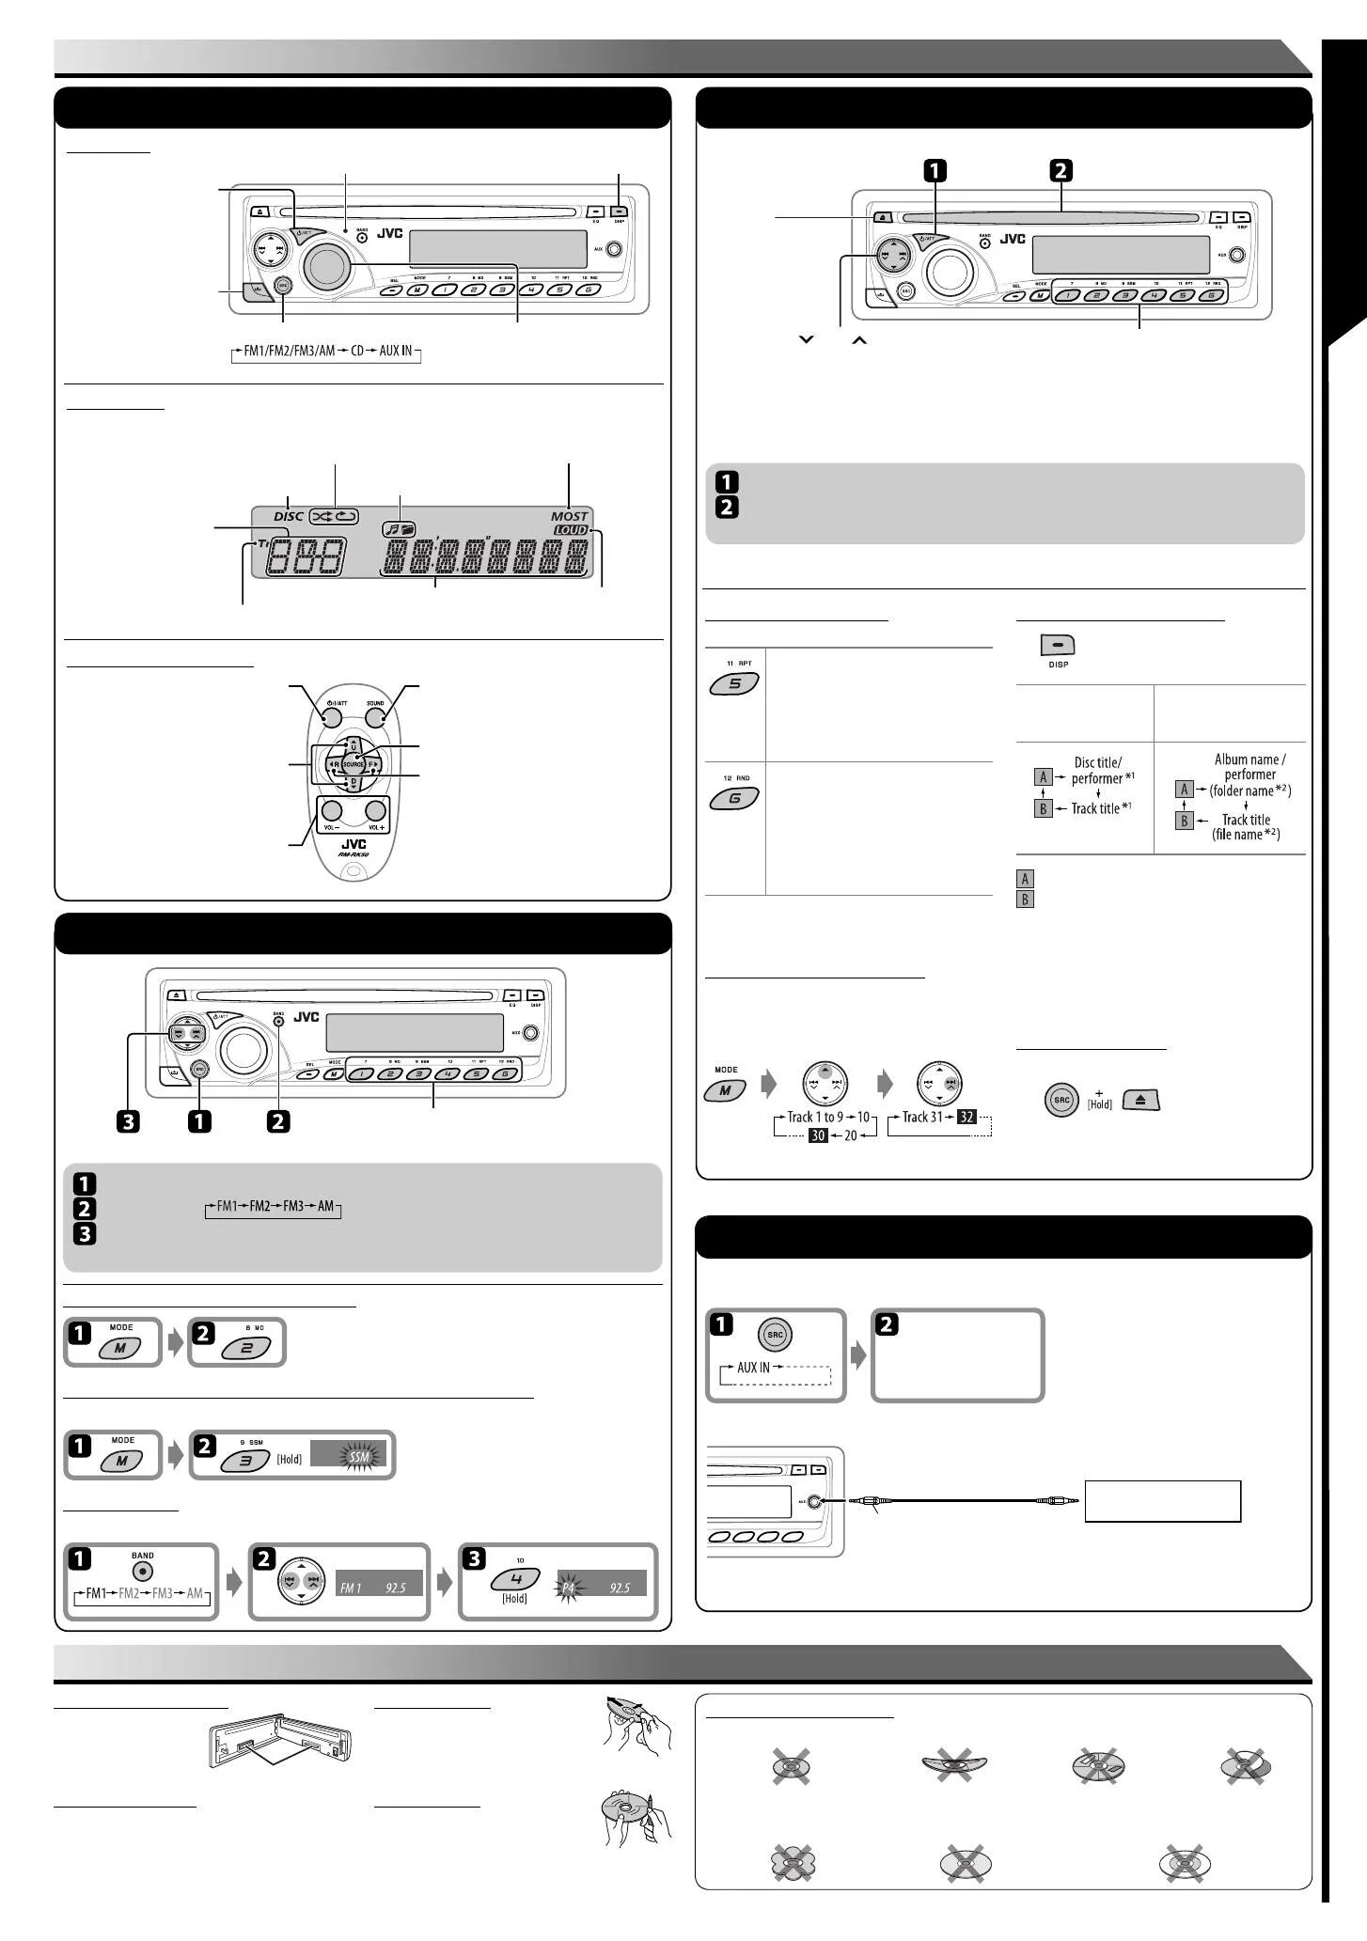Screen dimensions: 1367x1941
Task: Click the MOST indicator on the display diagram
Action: coord(569,516)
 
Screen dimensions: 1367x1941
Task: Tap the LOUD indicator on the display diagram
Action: coord(570,530)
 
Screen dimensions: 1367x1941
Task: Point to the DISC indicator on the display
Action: coord(289,516)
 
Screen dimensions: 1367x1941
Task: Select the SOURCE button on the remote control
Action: coord(354,765)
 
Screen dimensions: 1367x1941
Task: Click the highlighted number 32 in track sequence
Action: coord(966,1118)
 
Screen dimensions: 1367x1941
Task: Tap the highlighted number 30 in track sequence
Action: coord(818,1135)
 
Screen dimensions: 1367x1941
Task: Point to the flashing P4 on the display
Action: coord(568,1588)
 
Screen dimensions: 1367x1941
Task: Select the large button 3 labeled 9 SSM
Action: coord(245,1460)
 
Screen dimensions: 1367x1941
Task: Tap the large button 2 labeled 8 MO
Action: coord(245,1348)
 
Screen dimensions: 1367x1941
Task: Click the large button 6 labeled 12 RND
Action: coord(735,798)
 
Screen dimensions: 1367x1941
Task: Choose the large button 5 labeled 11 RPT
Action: coord(735,684)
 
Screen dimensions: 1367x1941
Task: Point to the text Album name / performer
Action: coord(1249,767)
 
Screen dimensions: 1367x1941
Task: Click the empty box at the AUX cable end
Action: coord(1162,1501)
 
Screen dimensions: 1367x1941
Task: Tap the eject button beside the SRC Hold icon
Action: coord(1141,1100)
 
